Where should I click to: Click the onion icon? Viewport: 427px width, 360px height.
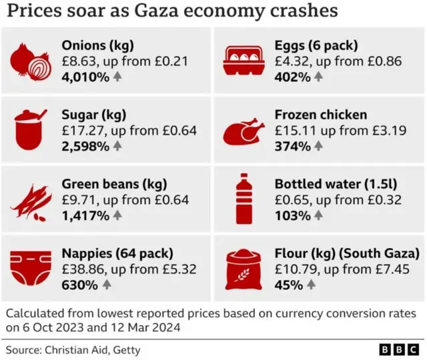point(32,61)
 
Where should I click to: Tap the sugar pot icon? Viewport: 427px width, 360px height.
point(31,129)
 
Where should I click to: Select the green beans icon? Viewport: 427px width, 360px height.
point(31,199)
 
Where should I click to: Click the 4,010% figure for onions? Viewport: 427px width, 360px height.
point(85,77)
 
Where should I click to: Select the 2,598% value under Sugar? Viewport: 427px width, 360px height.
point(85,146)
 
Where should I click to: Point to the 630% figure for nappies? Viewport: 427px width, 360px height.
point(79,285)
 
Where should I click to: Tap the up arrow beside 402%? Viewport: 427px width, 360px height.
point(318,77)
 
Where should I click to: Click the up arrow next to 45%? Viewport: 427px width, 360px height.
point(311,285)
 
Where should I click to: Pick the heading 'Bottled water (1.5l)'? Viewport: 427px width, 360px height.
point(330,183)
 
